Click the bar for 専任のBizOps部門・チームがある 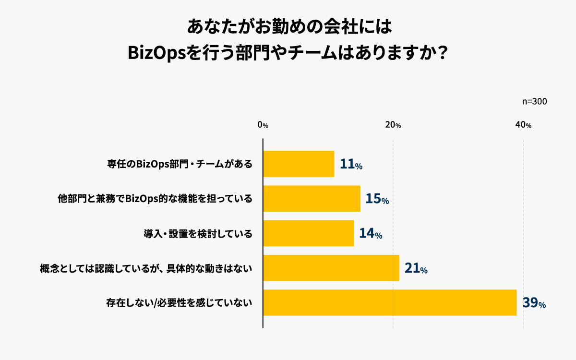[x=299, y=164]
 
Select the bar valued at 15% [x=312, y=199]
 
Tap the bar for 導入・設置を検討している [x=308, y=233]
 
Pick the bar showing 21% [x=331, y=268]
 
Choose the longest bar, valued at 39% [x=390, y=302]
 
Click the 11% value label [x=351, y=165]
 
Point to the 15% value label [x=377, y=199]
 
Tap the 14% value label [x=371, y=234]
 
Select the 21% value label [x=416, y=268]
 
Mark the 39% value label [x=534, y=303]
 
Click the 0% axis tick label [x=263, y=125]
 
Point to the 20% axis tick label [x=393, y=125]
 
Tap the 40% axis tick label [x=523, y=125]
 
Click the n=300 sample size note [x=534, y=102]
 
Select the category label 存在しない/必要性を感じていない [x=179, y=303]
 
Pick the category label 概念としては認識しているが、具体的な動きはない [x=146, y=268]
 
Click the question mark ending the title [x=443, y=52]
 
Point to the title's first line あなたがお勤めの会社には [x=289, y=26]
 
